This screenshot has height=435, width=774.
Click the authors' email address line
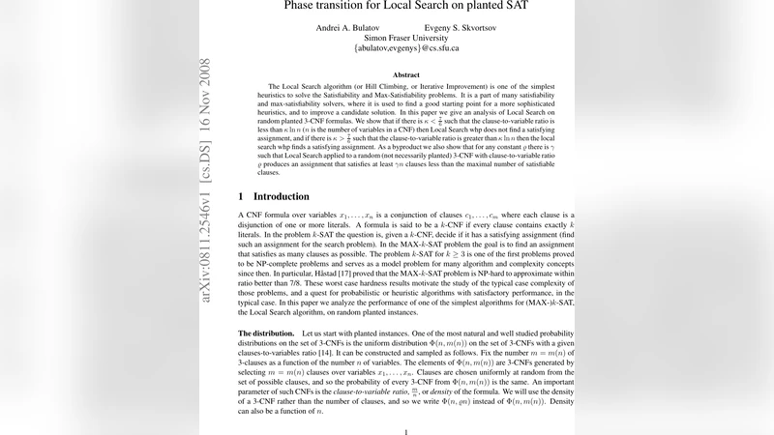point(406,47)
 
